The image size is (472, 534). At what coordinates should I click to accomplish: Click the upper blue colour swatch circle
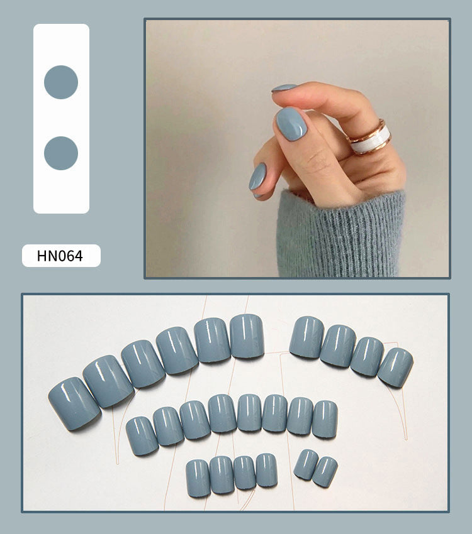61,82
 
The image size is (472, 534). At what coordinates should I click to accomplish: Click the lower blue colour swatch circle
61,153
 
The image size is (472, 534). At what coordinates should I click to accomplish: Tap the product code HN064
60,256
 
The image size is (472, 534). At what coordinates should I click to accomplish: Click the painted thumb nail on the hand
291,123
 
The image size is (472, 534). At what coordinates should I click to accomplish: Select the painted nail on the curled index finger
284,88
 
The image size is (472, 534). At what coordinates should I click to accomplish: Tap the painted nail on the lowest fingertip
257,177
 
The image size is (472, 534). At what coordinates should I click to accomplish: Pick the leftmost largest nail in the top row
74,403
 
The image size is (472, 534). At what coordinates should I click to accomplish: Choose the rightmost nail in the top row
395,367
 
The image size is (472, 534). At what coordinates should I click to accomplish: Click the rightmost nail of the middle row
325,419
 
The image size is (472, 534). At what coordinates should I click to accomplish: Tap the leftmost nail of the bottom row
198,478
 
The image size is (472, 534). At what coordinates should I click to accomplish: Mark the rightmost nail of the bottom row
325,471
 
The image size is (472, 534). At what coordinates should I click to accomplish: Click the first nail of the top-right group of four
307,337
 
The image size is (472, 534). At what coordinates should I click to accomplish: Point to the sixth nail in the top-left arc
247,336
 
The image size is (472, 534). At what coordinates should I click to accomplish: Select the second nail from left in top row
108,381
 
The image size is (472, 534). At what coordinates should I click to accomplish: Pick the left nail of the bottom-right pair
306,464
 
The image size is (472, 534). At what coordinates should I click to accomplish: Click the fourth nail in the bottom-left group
266,469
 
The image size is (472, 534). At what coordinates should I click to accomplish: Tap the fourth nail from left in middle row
222,413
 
